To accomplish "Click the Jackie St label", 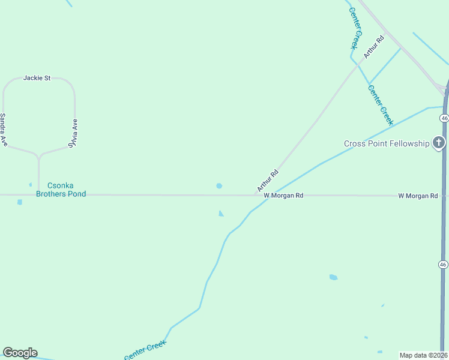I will click(37, 78).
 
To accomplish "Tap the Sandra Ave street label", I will click(3, 130).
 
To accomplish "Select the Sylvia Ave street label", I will click(73, 133).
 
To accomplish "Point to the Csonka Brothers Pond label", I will click(61, 190).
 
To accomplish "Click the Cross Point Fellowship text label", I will click(387, 143).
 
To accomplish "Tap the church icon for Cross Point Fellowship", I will click(439, 143).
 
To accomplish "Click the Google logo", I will click(20, 353).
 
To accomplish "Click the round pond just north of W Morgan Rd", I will click(219, 186).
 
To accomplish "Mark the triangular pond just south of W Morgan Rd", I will click(221, 213).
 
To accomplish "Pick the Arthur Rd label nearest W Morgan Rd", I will click(268, 181).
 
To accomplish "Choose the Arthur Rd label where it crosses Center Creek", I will click(372, 47).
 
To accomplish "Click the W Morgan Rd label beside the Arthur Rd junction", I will click(283, 196).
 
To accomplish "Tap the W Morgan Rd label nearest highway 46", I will click(418, 196).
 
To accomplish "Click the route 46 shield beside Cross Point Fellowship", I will click(444, 119).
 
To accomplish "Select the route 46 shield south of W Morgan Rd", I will click(443, 265).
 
